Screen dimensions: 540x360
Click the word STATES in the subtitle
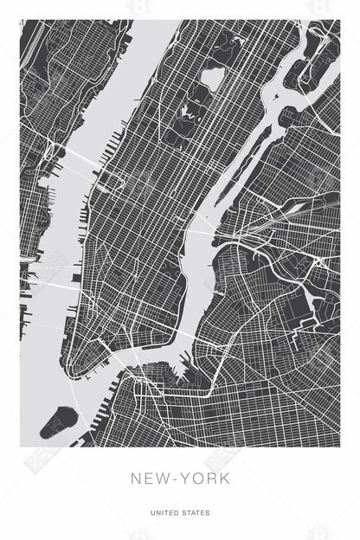pyautogui.click(x=196, y=512)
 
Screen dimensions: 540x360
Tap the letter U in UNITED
pyautogui.click(x=152, y=512)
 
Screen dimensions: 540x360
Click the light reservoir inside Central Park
pyautogui.click(x=212, y=79)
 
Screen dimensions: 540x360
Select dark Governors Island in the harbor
pyautogui.click(x=60, y=421)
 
